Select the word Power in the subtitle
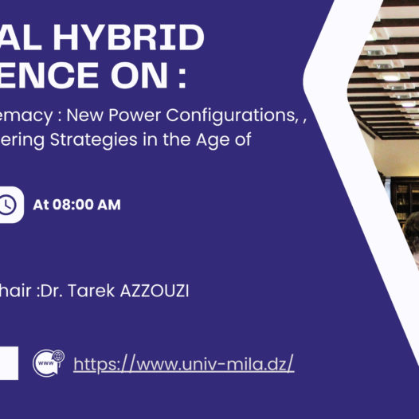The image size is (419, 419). pyautogui.click(x=152, y=115)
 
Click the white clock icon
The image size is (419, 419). pyautogui.click(x=7, y=205)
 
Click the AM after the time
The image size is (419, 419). pyautogui.click(x=108, y=205)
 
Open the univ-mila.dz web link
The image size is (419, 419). pyautogui.click(x=184, y=364)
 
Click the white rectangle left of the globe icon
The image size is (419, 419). pyautogui.click(x=8, y=363)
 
